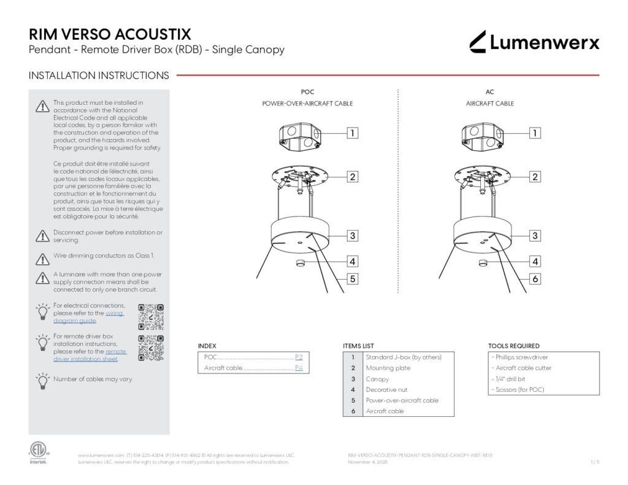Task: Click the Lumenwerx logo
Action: coord(534,42)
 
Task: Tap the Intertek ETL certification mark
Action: coord(37,452)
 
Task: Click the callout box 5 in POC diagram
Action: coord(353,279)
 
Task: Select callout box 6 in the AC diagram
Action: coord(535,279)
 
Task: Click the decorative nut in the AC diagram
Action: coord(483,263)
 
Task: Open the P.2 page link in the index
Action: coord(299,357)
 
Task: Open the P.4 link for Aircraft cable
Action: coord(299,369)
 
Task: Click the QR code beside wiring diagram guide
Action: coord(151,316)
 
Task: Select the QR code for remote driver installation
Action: coord(151,348)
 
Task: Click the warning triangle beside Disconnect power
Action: coord(42,236)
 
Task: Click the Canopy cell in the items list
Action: coord(378,379)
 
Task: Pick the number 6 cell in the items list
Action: coord(353,411)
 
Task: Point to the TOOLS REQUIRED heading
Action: coord(514,346)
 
